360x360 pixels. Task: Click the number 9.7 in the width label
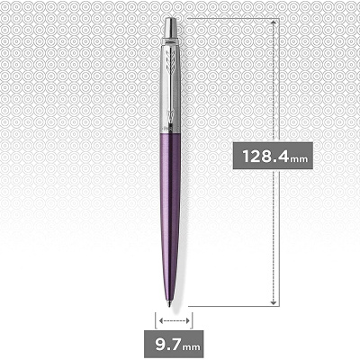point(172,343)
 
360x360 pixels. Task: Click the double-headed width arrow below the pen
point(174,319)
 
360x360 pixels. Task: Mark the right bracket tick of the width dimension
point(192,319)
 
